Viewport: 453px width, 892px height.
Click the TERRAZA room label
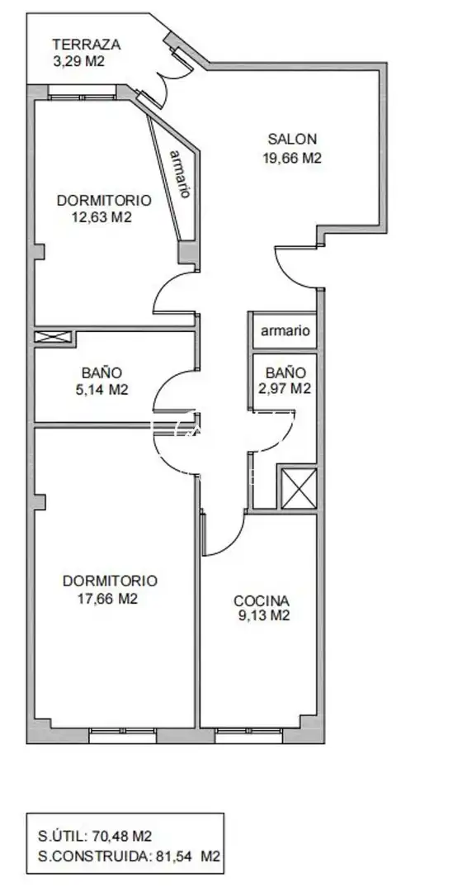click(x=87, y=45)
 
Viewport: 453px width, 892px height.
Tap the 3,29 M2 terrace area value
click(x=78, y=61)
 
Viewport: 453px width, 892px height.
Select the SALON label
click(x=292, y=139)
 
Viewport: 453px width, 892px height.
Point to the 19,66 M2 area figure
click(x=292, y=158)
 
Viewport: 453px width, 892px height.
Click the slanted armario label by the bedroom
click(x=180, y=173)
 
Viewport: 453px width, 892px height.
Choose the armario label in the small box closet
click(x=285, y=330)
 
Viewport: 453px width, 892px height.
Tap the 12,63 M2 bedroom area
click(x=102, y=216)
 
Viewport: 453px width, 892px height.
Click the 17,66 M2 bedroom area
click(x=108, y=599)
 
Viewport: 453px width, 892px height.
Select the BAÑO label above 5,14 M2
click(x=101, y=373)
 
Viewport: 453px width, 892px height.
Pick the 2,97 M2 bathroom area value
click(x=288, y=389)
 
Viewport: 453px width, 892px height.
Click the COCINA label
click(x=262, y=600)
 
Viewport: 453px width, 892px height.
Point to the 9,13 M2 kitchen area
click(x=264, y=615)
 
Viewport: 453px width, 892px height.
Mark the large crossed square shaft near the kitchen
click(x=299, y=487)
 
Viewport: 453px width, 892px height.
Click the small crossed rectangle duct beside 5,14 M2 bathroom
click(x=54, y=337)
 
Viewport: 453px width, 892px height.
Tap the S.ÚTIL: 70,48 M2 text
click(x=95, y=836)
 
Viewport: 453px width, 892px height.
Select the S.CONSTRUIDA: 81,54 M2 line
click(x=129, y=856)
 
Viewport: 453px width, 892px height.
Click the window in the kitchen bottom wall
click(x=249, y=735)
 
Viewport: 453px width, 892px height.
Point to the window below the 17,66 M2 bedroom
click(x=123, y=735)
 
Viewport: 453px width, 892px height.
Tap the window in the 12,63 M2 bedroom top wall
click(x=83, y=93)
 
